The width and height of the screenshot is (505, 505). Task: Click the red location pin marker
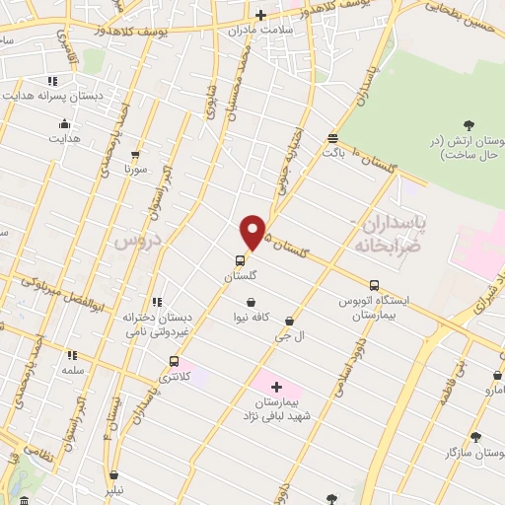click(253, 233)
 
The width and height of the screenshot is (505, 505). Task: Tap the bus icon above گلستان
click(240, 260)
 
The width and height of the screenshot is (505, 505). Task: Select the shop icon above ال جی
click(289, 321)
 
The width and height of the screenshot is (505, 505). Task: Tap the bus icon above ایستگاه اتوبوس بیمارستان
click(374, 286)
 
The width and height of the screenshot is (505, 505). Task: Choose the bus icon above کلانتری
click(175, 361)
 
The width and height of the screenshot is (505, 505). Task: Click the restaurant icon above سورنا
click(135, 155)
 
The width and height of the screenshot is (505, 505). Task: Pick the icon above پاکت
click(333, 139)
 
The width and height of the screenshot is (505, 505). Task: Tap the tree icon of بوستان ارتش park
click(469, 124)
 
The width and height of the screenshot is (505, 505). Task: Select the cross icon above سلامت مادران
click(260, 15)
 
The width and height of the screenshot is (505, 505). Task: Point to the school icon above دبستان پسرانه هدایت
click(52, 81)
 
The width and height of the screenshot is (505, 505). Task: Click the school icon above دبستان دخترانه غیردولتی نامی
click(156, 302)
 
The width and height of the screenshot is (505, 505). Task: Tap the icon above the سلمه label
click(71, 354)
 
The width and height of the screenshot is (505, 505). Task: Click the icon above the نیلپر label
click(114, 474)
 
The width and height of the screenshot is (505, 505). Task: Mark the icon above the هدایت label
click(64, 123)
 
